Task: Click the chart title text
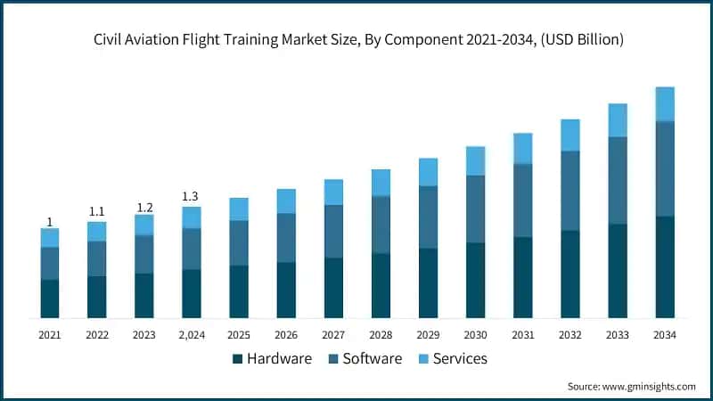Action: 356,40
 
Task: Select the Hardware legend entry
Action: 272,358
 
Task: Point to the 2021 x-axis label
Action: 50,335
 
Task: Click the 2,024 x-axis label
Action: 191,335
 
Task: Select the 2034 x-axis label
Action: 664,335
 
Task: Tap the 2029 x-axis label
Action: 428,335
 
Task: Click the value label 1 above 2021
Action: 50,222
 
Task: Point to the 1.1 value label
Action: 96,212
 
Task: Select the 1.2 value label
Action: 143,208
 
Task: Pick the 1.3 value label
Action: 191,196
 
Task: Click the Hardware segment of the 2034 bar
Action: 664,266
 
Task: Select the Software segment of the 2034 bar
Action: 664,168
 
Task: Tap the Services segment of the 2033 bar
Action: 618,119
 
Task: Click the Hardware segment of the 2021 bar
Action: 50,299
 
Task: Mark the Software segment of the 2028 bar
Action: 381,225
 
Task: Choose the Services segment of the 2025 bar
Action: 239,209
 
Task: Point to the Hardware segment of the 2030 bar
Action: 475,280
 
